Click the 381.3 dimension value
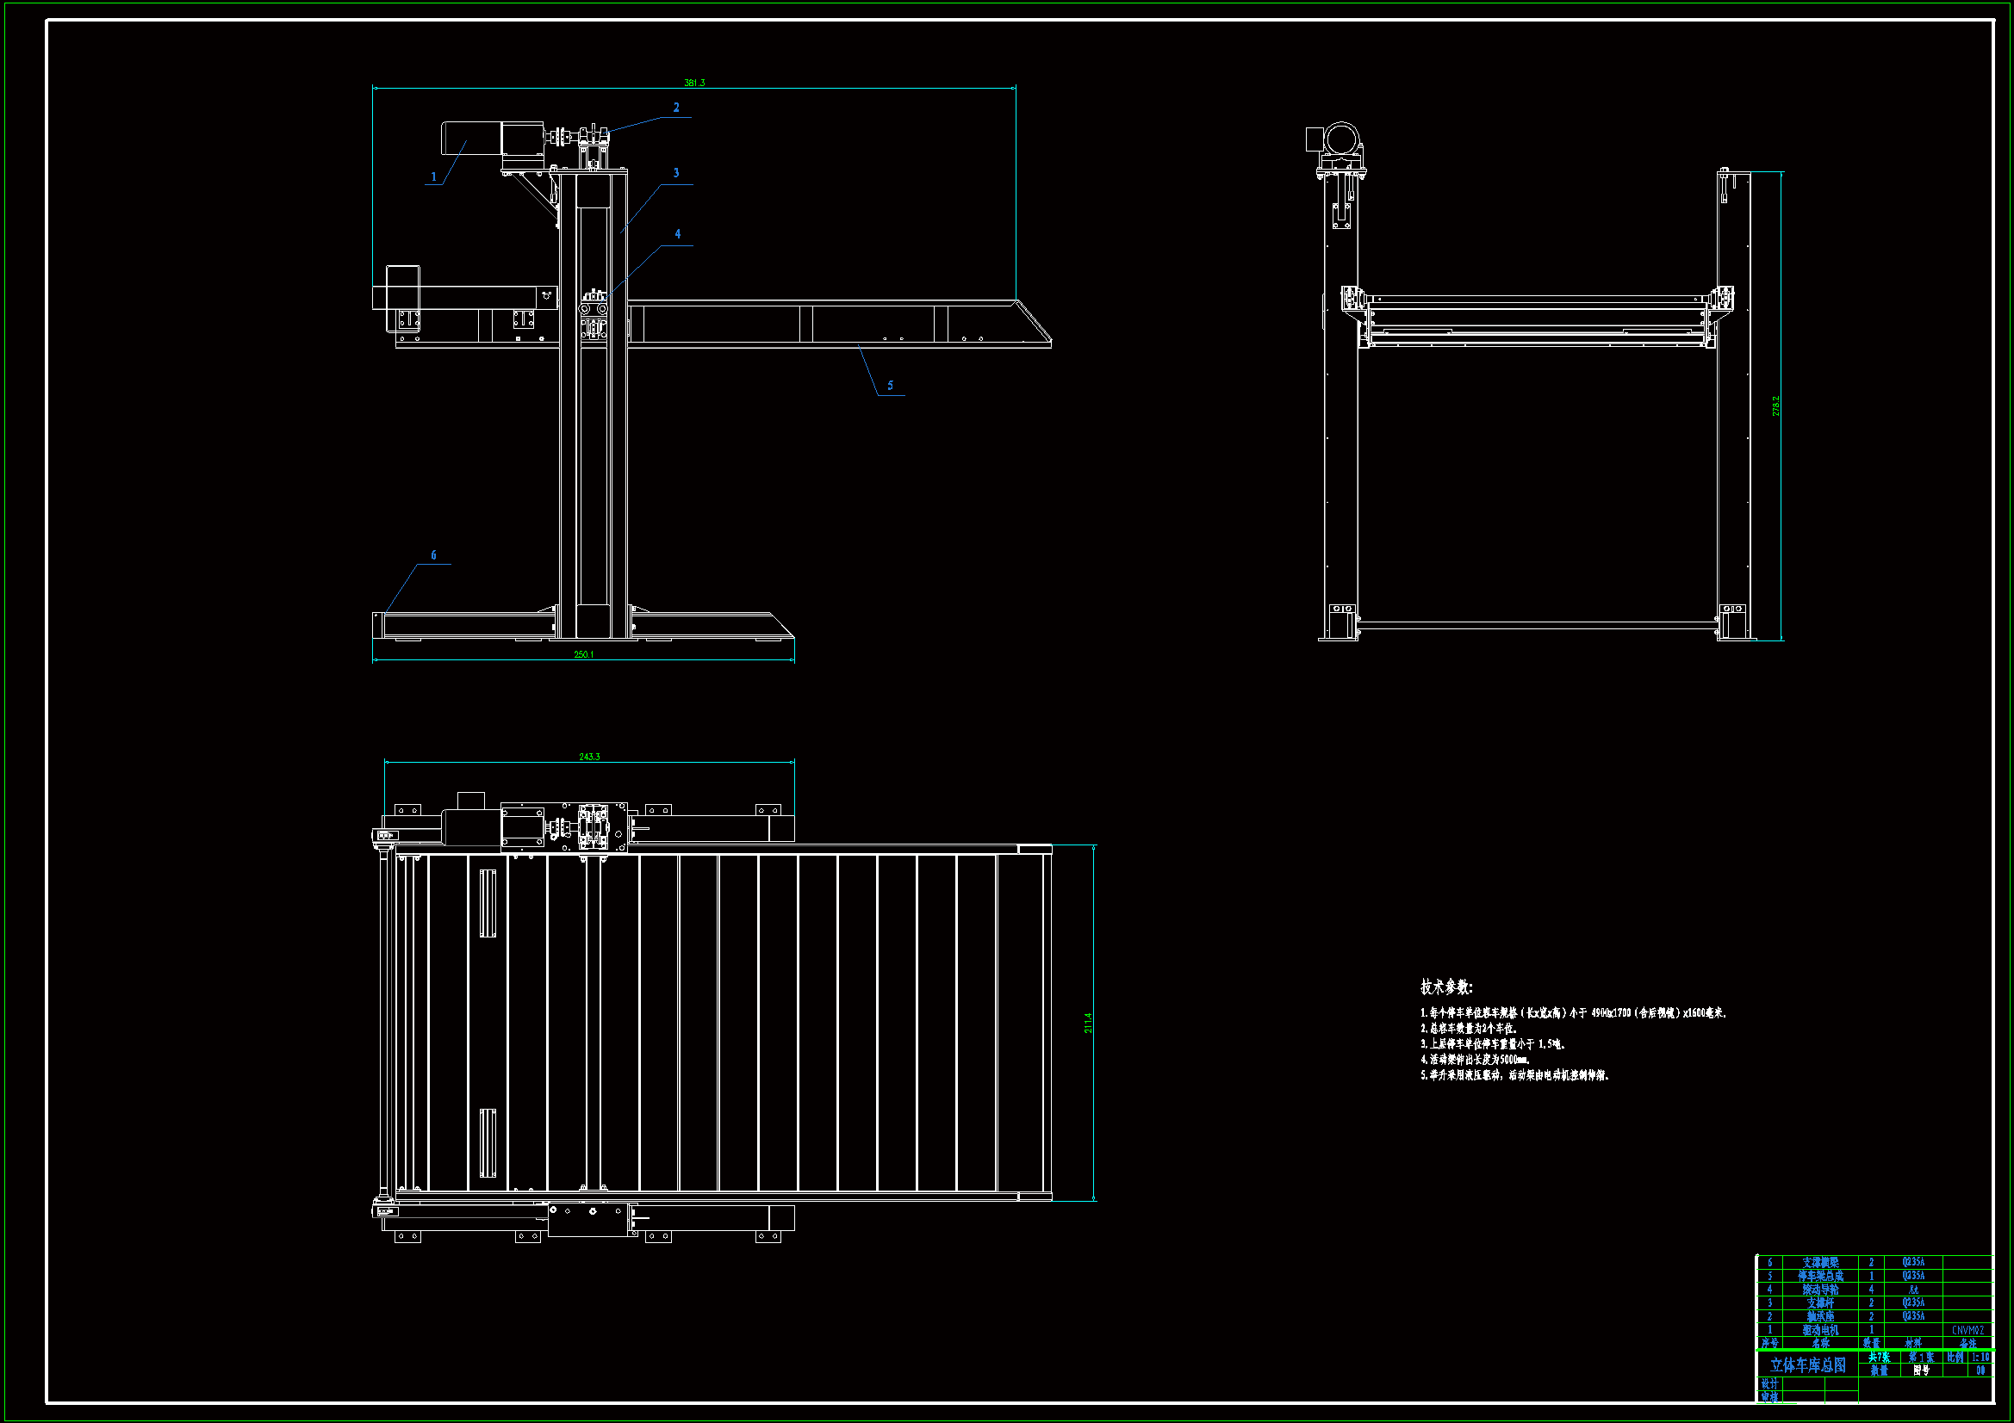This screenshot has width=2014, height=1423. tap(693, 83)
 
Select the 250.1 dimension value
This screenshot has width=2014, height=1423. tap(583, 654)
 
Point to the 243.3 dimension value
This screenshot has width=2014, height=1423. tap(589, 757)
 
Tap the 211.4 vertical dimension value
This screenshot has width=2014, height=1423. tap(1088, 1023)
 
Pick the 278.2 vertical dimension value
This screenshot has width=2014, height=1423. tap(1775, 405)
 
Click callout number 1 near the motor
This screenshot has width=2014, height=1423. tap(433, 177)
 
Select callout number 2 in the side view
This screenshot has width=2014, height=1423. tap(676, 108)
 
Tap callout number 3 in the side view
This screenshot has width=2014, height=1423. tap(676, 173)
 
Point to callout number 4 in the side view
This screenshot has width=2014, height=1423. tap(677, 234)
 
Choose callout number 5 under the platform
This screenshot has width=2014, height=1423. tap(891, 386)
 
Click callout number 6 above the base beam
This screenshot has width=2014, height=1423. tap(433, 555)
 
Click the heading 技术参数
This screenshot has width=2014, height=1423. tap(1445, 987)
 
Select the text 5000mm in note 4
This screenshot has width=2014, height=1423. tap(1515, 1059)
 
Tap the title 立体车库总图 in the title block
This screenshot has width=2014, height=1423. tap(1808, 1365)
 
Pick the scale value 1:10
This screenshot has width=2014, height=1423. tap(1980, 1358)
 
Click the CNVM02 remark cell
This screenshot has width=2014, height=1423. tap(1967, 1330)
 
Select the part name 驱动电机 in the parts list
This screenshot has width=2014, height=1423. tap(1820, 1330)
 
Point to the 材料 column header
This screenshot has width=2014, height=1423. tap(1913, 1343)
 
